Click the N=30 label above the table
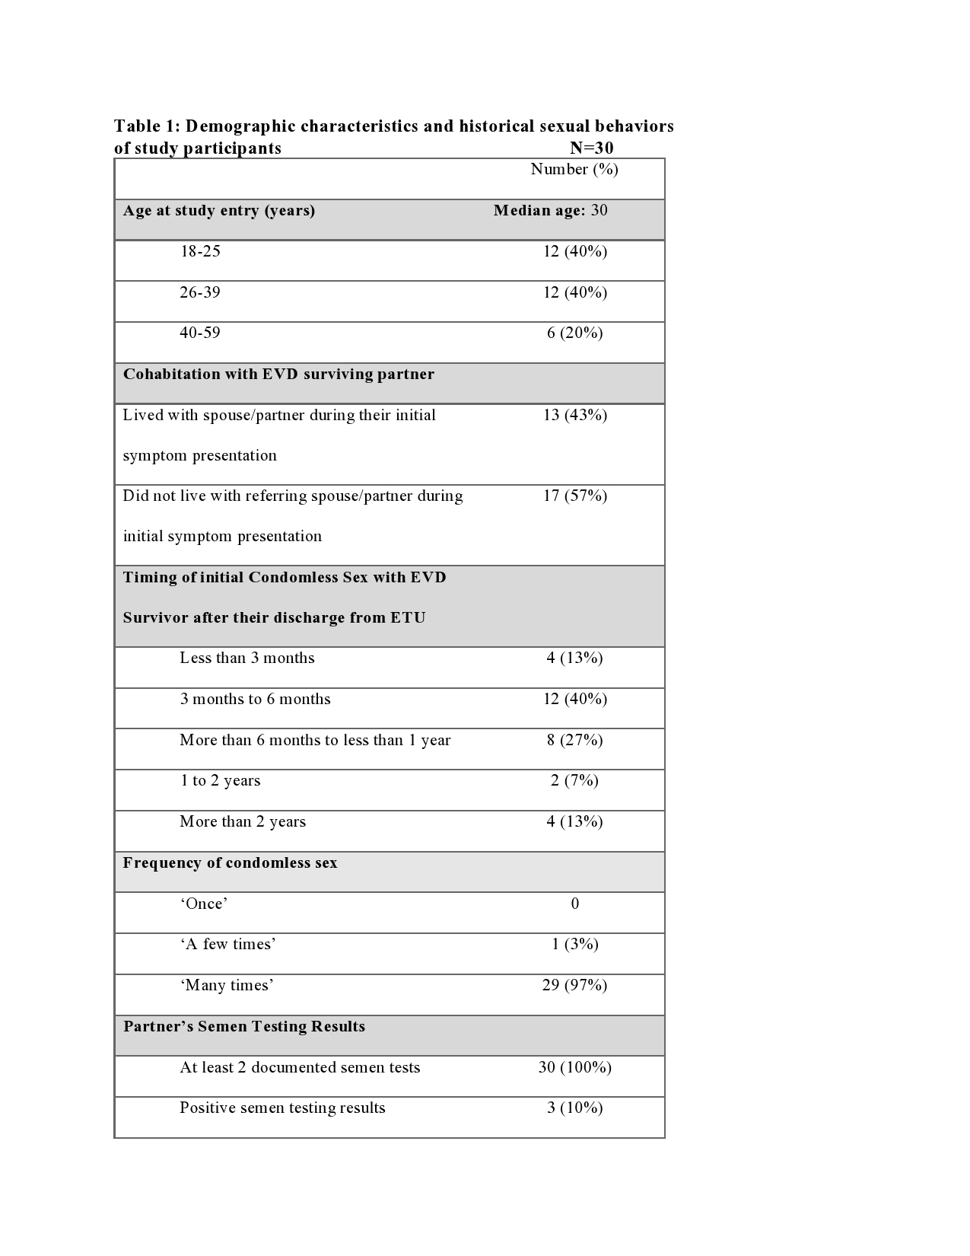pyautogui.click(x=591, y=148)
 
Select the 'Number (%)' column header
pyautogui.click(x=574, y=169)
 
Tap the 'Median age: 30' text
pyautogui.click(x=550, y=210)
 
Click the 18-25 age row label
pyautogui.click(x=200, y=251)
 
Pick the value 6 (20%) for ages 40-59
pyautogui.click(x=574, y=333)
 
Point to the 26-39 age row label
pyautogui.click(x=200, y=292)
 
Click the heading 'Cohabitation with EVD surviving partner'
pyautogui.click(x=278, y=374)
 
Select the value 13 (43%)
pyautogui.click(x=574, y=415)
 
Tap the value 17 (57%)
pyautogui.click(x=574, y=496)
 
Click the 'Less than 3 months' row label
pyautogui.click(x=247, y=658)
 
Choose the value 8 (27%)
pyautogui.click(x=574, y=740)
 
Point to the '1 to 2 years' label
pyautogui.click(x=220, y=780)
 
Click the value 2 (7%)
pyautogui.click(x=574, y=780)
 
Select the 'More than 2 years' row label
pyautogui.click(x=243, y=821)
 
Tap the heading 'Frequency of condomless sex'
pyautogui.click(x=230, y=862)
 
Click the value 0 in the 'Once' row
pyautogui.click(x=574, y=904)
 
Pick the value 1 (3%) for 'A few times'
pyautogui.click(x=574, y=944)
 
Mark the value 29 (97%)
pyautogui.click(x=574, y=985)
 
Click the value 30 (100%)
pyautogui.click(x=574, y=1067)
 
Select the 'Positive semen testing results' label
pyautogui.click(x=282, y=1108)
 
